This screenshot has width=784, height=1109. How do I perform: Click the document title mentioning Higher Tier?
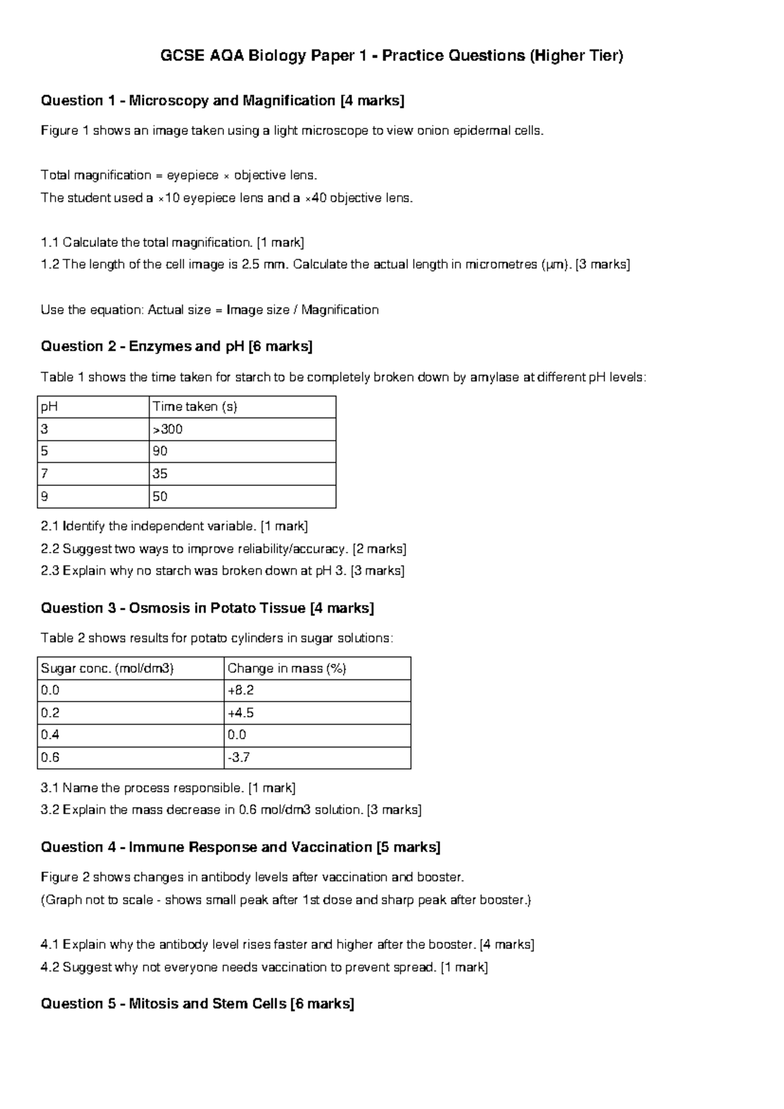(x=392, y=56)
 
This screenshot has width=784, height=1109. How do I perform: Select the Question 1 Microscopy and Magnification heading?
(x=222, y=101)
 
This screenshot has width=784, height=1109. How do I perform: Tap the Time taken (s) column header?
(x=194, y=407)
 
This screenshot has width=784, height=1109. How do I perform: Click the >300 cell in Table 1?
(x=167, y=429)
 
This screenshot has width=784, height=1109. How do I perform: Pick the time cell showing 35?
(x=160, y=473)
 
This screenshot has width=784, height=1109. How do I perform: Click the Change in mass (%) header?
(x=286, y=668)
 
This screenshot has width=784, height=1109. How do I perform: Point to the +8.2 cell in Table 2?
(x=240, y=691)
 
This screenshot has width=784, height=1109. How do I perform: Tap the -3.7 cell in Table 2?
(x=238, y=757)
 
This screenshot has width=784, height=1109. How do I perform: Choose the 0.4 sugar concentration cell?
(x=50, y=735)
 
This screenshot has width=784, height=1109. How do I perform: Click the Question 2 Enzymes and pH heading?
(x=176, y=347)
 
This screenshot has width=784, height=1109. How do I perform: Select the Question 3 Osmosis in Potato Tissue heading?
(x=207, y=608)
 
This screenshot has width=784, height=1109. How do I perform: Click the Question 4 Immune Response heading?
(x=240, y=847)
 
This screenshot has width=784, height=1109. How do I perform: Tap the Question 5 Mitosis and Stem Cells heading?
(x=197, y=1004)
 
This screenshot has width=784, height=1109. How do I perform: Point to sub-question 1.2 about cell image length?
(x=335, y=265)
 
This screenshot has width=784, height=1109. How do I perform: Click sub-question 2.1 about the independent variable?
(x=174, y=526)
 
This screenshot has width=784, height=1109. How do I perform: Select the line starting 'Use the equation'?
(x=209, y=310)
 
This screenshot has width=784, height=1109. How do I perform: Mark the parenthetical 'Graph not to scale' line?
(x=286, y=900)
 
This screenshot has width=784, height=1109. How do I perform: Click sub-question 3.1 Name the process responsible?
(x=168, y=788)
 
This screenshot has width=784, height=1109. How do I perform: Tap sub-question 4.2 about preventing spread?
(x=264, y=967)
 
